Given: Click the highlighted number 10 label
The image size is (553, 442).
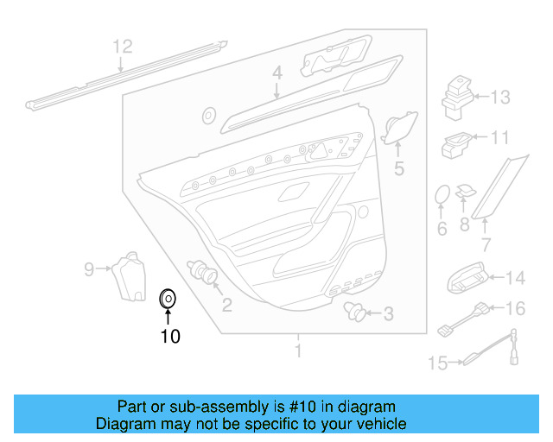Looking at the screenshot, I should (170, 337).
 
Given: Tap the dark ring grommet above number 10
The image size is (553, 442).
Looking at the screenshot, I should (168, 300).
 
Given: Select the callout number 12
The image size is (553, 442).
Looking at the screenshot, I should (123, 46).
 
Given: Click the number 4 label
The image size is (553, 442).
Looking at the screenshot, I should (276, 73).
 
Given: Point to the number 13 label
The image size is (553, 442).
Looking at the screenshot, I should (501, 98).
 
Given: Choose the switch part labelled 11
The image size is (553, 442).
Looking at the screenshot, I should (458, 144).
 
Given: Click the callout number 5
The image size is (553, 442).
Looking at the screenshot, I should (398, 168).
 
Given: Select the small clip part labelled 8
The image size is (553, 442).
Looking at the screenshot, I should (467, 191).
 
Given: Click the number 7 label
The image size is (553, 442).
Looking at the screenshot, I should (486, 245).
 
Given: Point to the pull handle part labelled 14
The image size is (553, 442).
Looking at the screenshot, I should (469, 276).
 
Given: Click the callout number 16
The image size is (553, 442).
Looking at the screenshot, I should (515, 308).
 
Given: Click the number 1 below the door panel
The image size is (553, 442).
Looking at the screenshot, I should (298, 351).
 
